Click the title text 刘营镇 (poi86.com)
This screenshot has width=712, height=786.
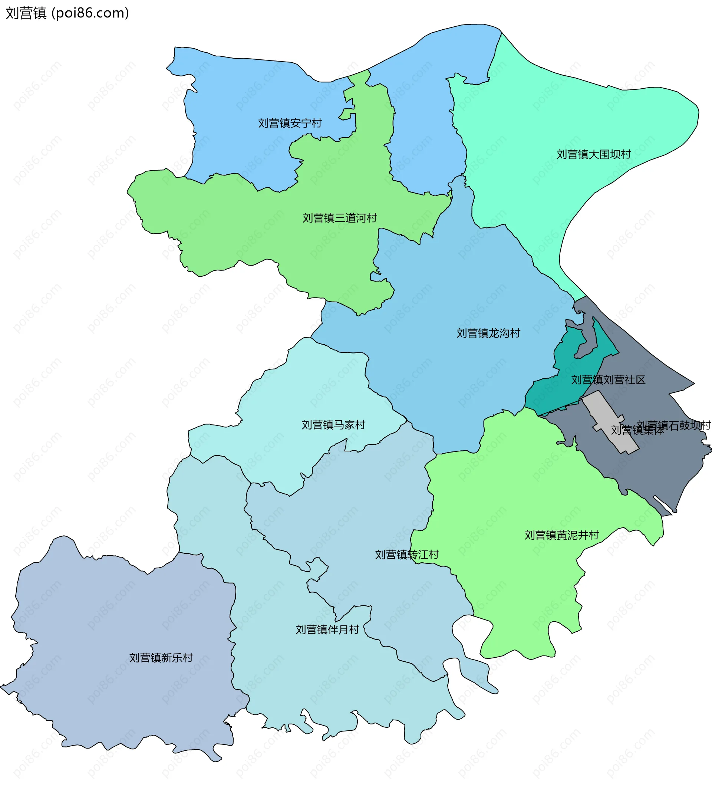67,13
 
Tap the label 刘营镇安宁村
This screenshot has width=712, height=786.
290,123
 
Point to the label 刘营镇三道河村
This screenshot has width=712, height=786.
339,218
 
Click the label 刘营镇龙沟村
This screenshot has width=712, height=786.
488,333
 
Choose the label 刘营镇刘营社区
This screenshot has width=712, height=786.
608,380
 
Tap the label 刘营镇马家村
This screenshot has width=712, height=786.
333,425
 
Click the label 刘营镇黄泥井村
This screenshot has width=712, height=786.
561,535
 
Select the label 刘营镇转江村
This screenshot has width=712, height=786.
406,555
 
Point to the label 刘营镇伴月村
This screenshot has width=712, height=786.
327,629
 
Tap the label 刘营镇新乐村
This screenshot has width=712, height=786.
161,658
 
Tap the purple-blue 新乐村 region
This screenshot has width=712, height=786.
117,624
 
